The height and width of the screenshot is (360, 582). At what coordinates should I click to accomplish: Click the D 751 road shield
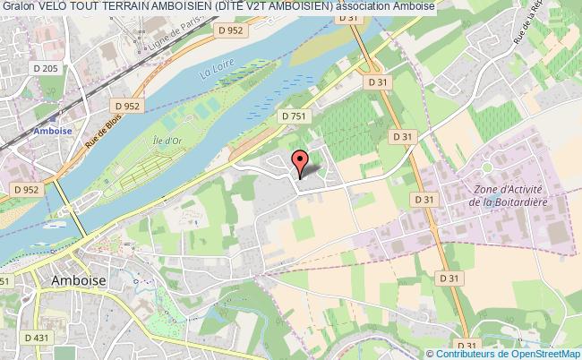click(292, 116)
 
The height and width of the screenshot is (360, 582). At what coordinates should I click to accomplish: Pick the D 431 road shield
click(37, 337)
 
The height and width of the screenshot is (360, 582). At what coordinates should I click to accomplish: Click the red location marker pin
click(301, 160)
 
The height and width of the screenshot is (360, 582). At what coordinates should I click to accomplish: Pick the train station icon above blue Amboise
click(56, 116)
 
